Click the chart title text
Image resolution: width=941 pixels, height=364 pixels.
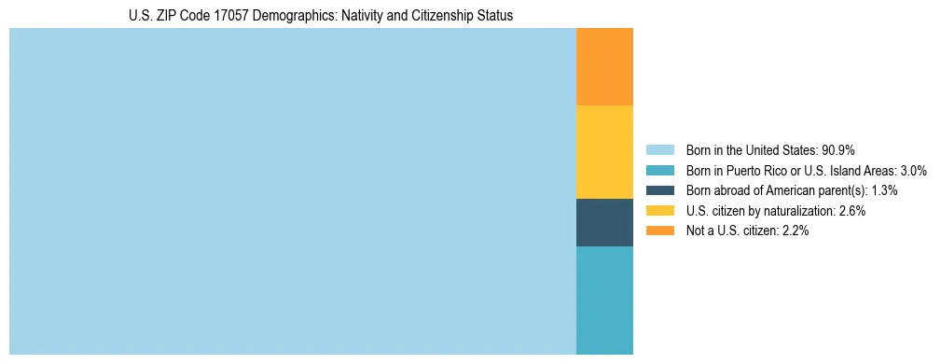(x=321, y=16)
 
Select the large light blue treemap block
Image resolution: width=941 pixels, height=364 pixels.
(x=292, y=191)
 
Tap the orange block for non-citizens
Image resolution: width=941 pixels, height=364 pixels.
(x=604, y=67)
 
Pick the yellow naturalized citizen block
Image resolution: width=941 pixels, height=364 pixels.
(x=604, y=152)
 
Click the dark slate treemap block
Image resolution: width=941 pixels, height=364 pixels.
(x=604, y=222)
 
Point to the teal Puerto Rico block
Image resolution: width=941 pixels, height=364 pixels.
(x=604, y=300)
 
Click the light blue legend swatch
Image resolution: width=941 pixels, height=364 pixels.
(x=659, y=150)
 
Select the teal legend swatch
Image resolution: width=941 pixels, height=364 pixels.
(x=659, y=171)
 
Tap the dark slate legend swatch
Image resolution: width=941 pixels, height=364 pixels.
(x=659, y=190)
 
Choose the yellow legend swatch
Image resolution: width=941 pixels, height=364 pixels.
(x=659, y=211)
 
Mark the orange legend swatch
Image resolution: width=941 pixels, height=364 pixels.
(x=659, y=231)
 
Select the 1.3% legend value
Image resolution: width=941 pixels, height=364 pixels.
(x=882, y=190)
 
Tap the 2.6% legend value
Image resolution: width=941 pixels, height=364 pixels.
(x=851, y=211)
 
